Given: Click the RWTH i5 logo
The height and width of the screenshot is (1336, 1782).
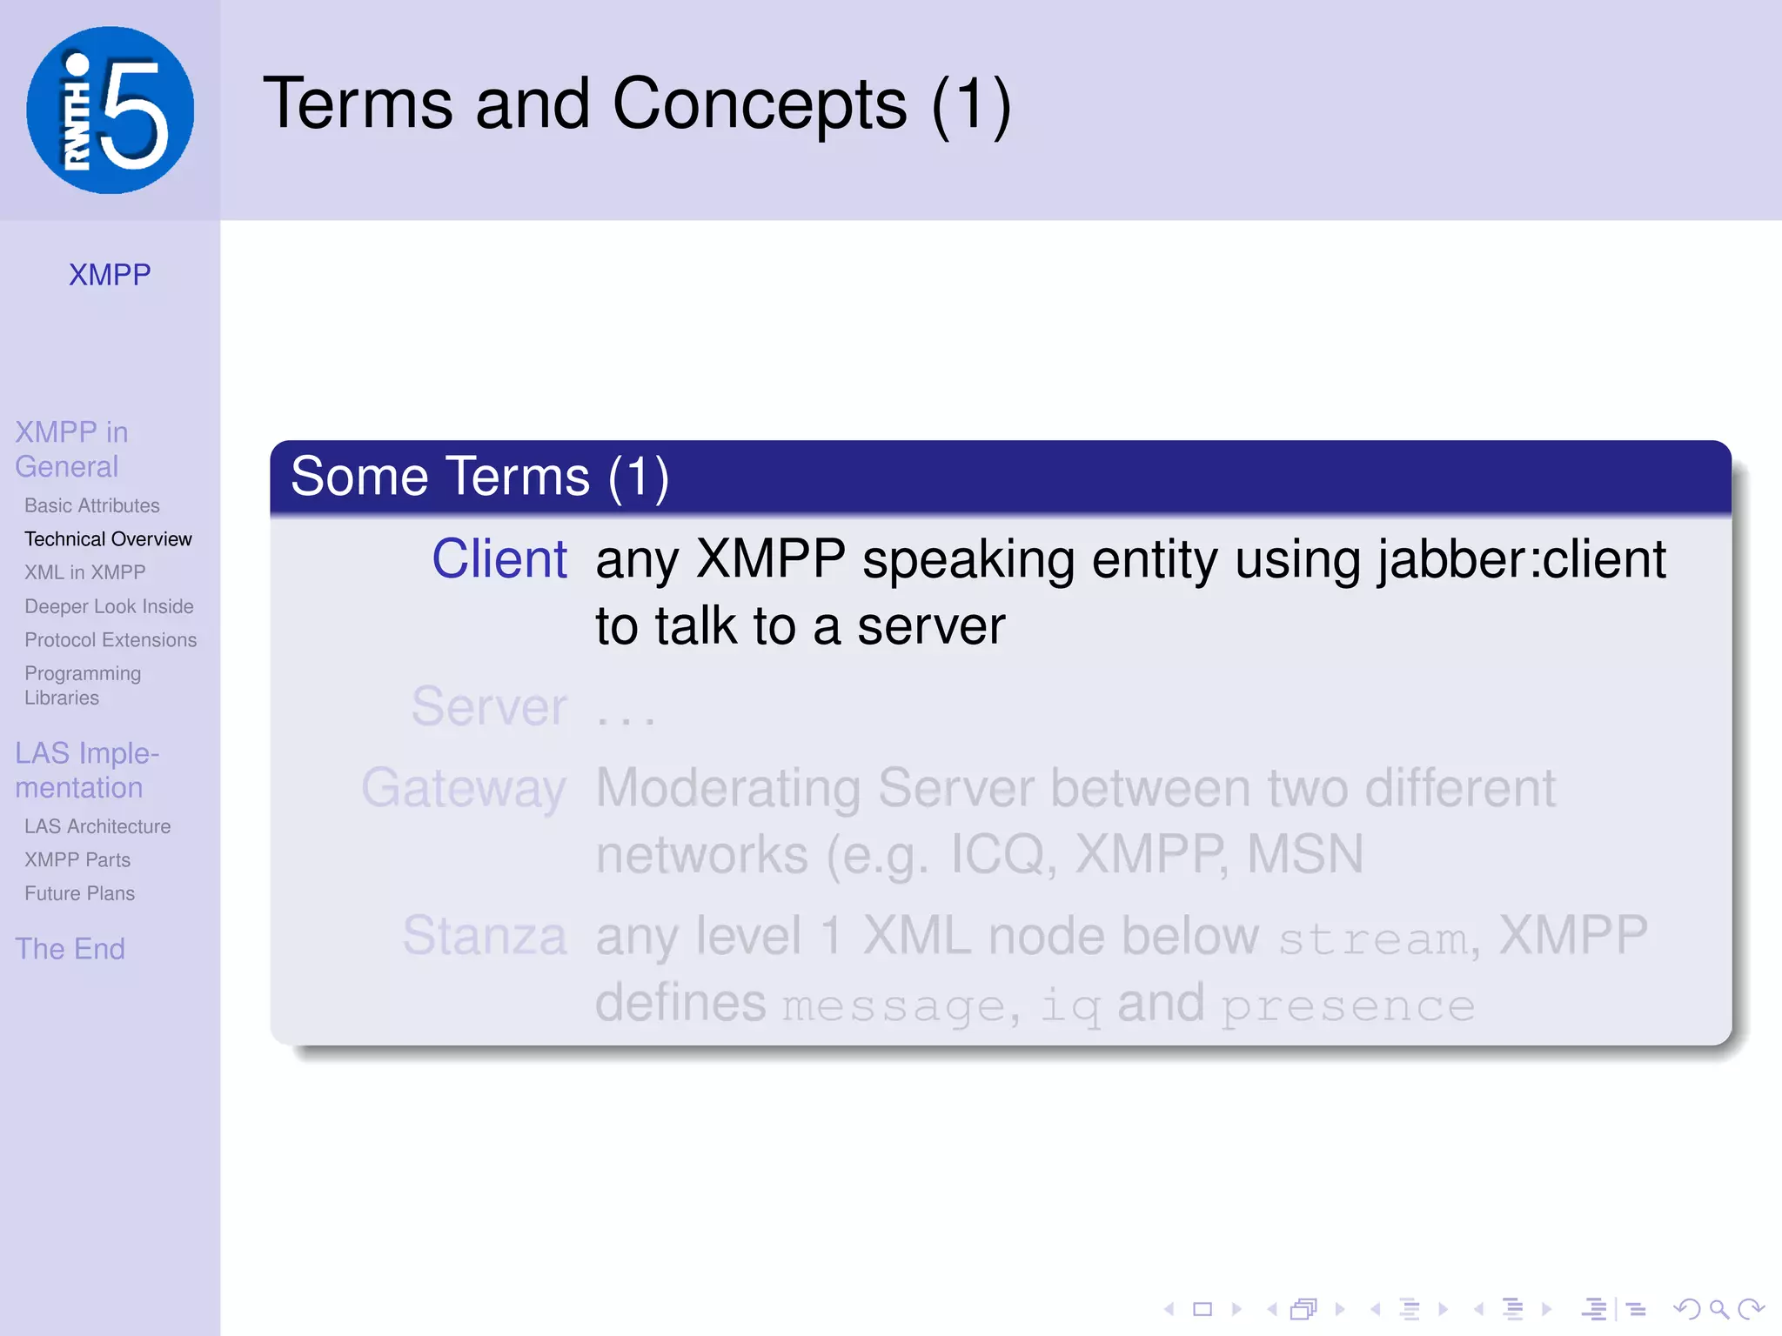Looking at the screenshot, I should tap(110, 110).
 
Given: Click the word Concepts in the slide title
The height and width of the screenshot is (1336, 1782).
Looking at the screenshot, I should tap(759, 104).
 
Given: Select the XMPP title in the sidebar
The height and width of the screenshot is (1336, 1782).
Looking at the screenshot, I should tap(110, 275).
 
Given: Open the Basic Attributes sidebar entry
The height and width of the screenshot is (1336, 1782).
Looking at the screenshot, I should tap(92, 505).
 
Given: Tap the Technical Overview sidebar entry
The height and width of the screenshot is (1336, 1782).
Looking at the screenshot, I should tap(108, 539).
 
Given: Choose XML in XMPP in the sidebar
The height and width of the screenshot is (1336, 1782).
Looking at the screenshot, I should tap(85, 572).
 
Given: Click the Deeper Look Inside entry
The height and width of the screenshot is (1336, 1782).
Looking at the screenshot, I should tap(109, 606).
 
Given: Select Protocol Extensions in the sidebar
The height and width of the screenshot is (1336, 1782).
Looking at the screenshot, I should tap(111, 640).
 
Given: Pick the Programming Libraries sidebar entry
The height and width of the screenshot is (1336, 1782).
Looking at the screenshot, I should tap(83, 685).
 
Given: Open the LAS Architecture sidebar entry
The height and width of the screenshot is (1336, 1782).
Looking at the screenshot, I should tap(97, 826).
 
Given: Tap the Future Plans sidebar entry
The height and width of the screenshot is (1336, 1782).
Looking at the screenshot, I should tap(79, 893).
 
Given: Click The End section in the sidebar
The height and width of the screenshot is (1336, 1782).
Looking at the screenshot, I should tap(70, 948).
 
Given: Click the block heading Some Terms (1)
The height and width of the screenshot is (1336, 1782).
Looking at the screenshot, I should tap(479, 477).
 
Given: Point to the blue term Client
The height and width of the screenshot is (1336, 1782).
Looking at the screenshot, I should tap(499, 558).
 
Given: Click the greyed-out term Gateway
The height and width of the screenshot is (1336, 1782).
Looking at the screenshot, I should tap(464, 788).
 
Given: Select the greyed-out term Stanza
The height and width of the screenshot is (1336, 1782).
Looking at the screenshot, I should tap(485, 936).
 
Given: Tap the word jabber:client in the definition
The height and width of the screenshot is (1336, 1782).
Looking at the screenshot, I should tap(1522, 558).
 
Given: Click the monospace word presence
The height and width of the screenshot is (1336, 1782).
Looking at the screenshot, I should tap(1347, 1005).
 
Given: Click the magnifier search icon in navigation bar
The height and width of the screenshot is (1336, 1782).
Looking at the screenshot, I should tap(1718, 1308).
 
